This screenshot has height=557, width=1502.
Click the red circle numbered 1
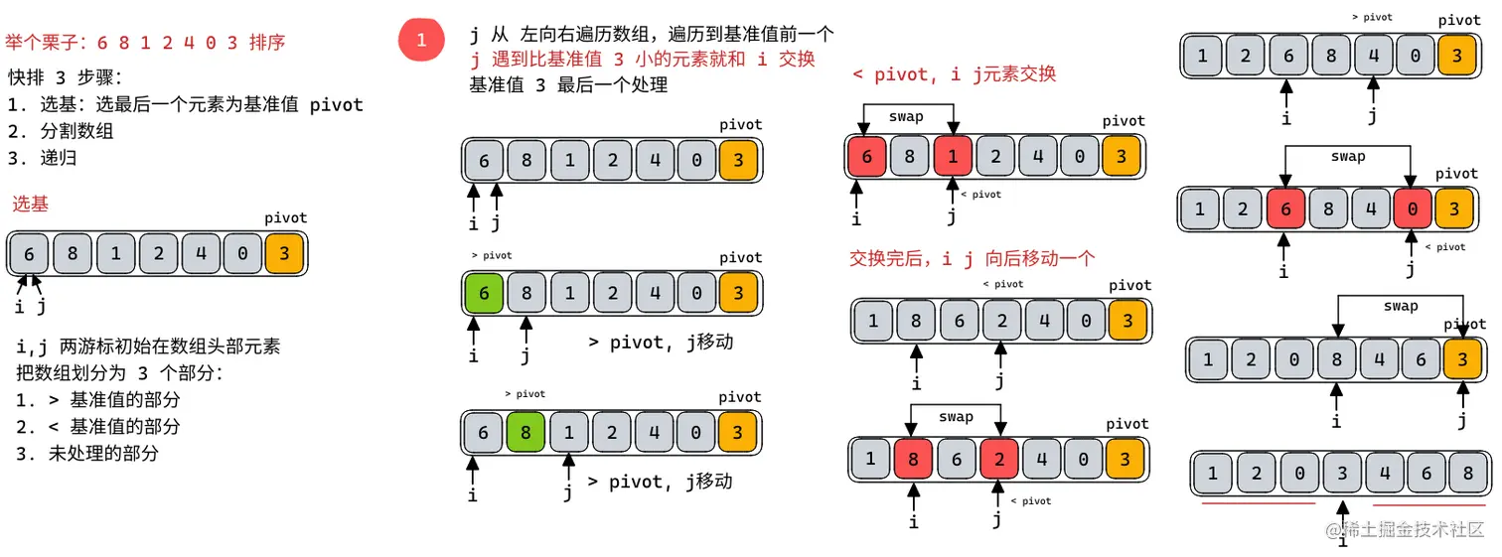(421, 41)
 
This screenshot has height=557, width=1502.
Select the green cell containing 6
(484, 294)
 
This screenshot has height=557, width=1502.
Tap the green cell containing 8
(526, 433)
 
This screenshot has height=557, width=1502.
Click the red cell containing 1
(954, 157)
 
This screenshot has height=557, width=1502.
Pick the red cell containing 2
(999, 460)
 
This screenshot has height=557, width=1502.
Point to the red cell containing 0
(1412, 209)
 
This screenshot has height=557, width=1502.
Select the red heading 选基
(31, 204)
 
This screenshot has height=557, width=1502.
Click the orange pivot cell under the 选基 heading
(284, 254)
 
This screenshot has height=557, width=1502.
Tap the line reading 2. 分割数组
(61, 131)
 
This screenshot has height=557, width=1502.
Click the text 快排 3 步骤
(66, 77)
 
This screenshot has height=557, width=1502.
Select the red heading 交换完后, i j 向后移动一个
(972, 259)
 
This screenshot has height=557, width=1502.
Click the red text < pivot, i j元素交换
(954, 74)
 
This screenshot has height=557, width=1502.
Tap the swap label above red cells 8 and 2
(956, 417)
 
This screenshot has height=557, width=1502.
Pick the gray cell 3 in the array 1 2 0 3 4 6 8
(1342, 474)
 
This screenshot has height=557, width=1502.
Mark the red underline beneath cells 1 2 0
(1258, 503)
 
